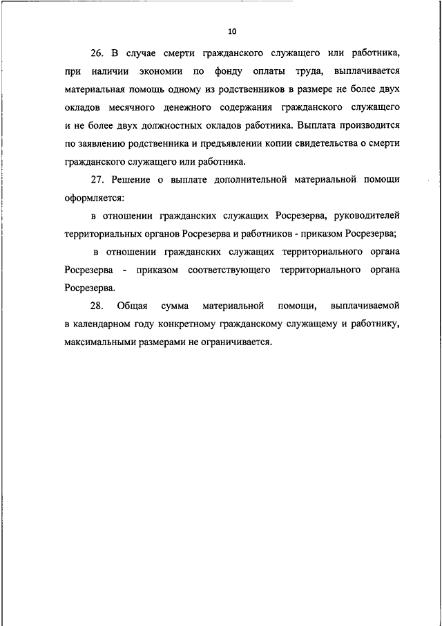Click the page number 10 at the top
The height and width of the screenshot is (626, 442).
(231, 31)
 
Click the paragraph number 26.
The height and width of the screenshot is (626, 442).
(97, 53)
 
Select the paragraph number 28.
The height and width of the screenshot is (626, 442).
(96, 305)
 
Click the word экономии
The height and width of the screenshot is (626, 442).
(158, 71)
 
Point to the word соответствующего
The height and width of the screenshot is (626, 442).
(228, 269)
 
